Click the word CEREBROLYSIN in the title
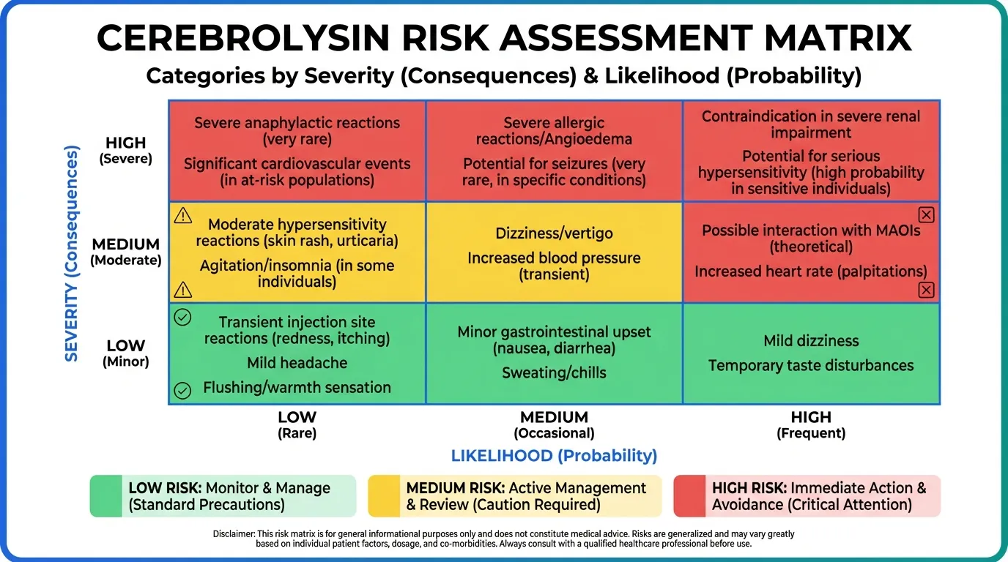click(x=243, y=38)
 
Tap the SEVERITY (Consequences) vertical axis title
click(x=72, y=253)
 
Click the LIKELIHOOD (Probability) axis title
click(x=554, y=455)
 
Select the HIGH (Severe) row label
click(x=125, y=150)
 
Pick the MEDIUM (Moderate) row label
click(x=125, y=252)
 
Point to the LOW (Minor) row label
click(x=125, y=353)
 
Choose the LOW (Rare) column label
click(x=297, y=424)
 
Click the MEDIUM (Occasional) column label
click(x=554, y=424)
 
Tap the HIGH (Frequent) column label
click(x=811, y=424)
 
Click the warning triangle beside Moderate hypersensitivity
click(x=182, y=216)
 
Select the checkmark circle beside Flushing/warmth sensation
click(x=182, y=390)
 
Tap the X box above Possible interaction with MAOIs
click(x=926, y=215)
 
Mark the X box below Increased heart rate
click(x=926, y=290)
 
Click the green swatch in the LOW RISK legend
click(x=105, y=496)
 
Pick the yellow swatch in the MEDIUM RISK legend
click(x=384, y=496)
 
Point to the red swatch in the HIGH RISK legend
click(x=689, y=496)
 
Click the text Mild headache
click(x=297, y=363)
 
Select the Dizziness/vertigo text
click(x=554, y=233)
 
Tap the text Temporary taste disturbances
click(x=811, y=366)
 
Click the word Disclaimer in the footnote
click(x=234, y=534)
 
